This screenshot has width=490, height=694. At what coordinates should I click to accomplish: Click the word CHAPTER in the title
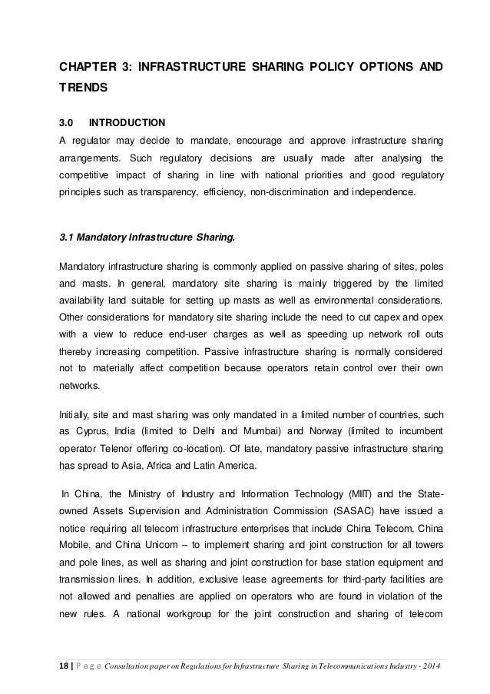pyautogui.click(x=86, y=67)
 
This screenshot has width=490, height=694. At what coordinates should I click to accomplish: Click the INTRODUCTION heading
pyautogui.click(x=127, y=122)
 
